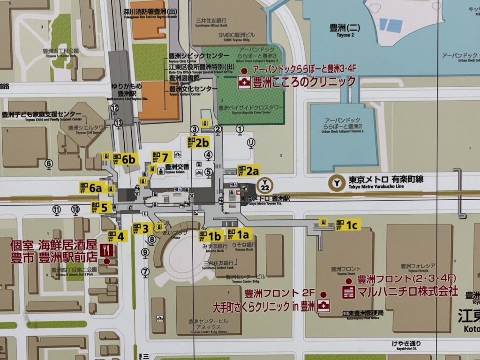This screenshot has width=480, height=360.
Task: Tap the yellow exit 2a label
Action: point(248,171)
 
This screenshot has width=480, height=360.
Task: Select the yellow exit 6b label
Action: point(124,159)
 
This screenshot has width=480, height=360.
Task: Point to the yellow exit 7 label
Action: point(160,157)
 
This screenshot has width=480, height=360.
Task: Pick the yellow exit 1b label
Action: point(210,236)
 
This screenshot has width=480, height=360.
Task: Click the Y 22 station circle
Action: point(266,184)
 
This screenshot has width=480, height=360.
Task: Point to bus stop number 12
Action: point(114,108)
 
